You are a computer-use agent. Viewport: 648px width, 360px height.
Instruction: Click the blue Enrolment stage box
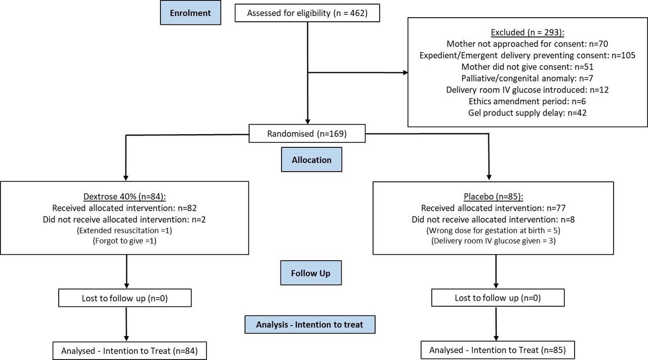[190, 13]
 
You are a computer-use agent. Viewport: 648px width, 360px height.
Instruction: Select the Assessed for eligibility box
[307, 13]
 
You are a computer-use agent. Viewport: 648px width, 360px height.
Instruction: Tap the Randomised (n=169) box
[307, 133]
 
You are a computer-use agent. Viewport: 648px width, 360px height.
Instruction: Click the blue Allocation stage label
[311, 159]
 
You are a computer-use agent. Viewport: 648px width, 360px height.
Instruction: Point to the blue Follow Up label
[311, 273]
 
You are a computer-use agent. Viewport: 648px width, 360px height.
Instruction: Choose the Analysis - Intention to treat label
[310, 325]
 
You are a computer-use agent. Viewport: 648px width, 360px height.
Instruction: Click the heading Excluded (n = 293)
[528, 32]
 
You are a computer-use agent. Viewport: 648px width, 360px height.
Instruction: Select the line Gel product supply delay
[528, 112]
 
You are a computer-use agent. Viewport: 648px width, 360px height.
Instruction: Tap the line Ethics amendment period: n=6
[528, 101]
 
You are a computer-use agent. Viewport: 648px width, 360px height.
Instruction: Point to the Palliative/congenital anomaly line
[528, 78]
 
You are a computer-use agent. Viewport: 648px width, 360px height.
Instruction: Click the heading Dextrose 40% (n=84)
[125, 196]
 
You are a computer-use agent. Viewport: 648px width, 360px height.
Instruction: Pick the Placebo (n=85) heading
[494, 196]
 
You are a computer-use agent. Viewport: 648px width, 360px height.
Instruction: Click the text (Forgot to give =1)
[125, 241]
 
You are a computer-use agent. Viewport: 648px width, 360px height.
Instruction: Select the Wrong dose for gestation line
[493, 230]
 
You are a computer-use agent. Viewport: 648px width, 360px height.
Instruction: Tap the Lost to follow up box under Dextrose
[125, 298]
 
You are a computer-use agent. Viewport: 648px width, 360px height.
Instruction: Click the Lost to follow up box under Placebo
[498, 298]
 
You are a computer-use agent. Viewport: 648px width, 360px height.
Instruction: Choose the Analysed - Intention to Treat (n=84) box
[130, 351]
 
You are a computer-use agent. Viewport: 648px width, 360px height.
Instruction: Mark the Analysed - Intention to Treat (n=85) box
[498, 350]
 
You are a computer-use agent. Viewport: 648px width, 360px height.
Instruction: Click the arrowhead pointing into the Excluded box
[406, 72]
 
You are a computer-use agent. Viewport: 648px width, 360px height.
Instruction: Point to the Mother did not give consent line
[528, 67]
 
